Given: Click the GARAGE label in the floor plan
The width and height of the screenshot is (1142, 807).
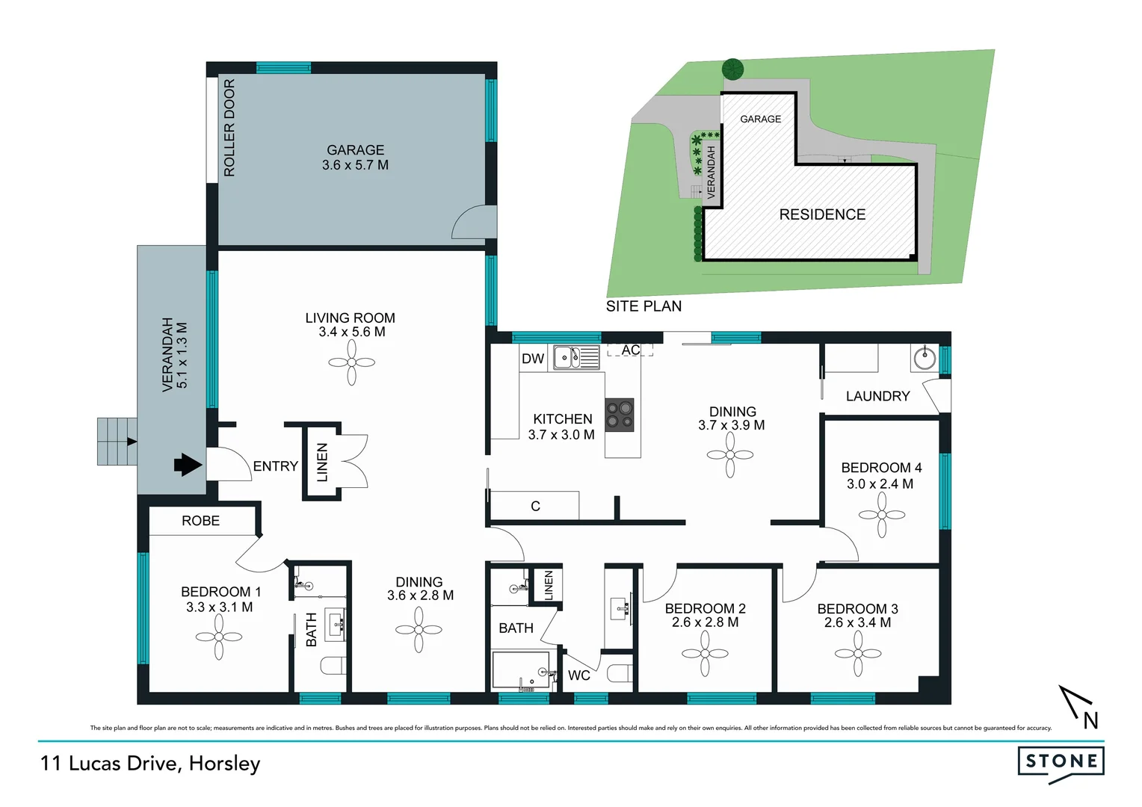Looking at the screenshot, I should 355,150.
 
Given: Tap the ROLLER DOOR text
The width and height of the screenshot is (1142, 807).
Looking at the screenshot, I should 229,128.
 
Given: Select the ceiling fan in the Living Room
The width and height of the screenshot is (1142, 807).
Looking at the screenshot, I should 351,362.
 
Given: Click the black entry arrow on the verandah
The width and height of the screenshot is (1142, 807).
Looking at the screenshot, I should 188,465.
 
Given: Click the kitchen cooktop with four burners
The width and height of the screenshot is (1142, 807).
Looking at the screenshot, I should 620,415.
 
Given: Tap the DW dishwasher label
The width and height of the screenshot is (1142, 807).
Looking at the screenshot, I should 533,359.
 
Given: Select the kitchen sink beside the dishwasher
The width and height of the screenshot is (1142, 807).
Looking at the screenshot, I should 575,357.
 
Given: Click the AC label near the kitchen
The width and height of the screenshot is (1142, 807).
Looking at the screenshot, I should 630,350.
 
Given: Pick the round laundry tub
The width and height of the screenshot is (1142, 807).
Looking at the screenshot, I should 925,358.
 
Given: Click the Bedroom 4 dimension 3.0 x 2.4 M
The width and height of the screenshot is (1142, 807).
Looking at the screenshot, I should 880,483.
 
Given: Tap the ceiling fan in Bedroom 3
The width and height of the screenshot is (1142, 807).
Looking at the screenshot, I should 857,654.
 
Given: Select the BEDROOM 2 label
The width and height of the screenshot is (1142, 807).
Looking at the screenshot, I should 705,608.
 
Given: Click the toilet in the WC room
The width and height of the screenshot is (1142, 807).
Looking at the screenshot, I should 620,674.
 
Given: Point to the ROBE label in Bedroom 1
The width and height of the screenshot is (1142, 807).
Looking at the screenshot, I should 200,521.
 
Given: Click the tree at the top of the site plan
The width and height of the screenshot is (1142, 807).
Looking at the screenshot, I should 732,69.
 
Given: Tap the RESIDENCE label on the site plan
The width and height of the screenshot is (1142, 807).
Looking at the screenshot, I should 822,214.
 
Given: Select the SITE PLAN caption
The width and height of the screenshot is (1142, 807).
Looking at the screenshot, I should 643,306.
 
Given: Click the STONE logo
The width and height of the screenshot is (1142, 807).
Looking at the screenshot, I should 1061,761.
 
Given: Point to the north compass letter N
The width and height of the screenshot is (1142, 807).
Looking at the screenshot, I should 1090,720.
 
